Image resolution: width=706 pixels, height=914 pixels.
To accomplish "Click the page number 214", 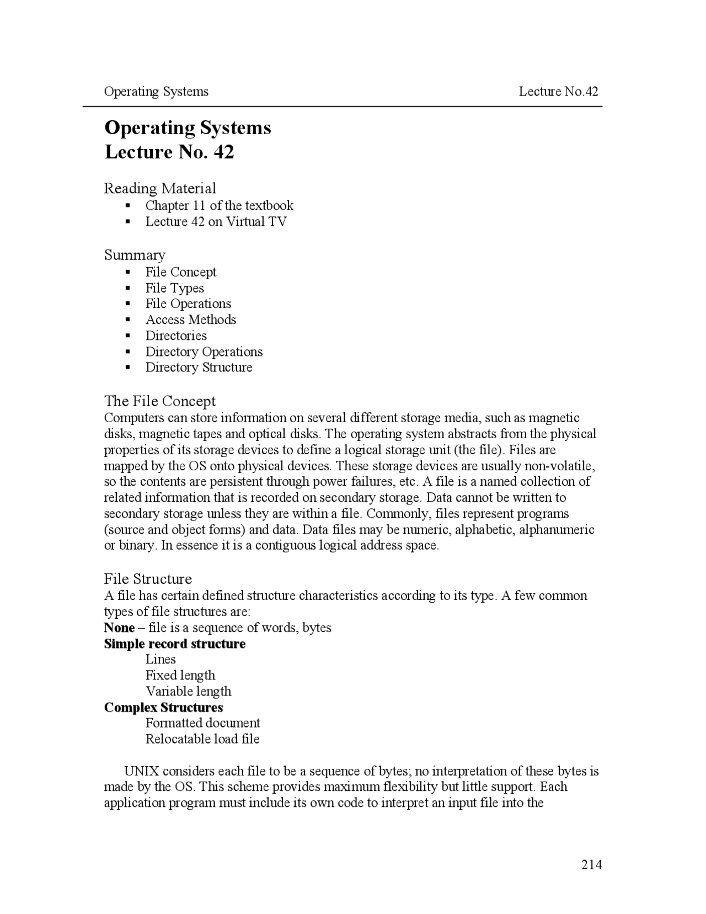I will point(591,864).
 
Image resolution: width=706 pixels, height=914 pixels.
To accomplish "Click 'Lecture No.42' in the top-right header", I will point(558,92).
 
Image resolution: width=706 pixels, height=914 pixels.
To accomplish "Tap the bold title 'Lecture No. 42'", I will point(169,152).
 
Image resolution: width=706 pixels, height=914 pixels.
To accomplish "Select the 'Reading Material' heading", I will point(160,189).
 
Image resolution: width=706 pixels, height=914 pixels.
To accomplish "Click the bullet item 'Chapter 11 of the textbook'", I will point(219,206).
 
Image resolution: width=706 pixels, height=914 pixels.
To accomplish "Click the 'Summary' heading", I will point(135,255).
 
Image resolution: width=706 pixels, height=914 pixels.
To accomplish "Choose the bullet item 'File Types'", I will point(174,288).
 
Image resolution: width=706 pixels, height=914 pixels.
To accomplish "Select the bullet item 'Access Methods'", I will point(190,320).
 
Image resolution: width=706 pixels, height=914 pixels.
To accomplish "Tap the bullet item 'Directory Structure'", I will point(199,368).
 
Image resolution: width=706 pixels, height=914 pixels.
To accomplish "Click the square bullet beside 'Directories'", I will point(128,336).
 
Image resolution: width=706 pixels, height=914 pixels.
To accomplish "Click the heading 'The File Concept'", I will point(160,401).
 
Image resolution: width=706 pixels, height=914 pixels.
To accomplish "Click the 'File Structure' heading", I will point(148,579).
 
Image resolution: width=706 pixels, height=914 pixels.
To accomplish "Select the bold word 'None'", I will point(119,628).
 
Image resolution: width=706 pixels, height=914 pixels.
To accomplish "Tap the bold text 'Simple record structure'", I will point(174,644).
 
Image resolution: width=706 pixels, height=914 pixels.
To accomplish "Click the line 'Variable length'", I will point(188,692).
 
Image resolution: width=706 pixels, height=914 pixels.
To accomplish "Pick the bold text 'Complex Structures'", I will point(163,708).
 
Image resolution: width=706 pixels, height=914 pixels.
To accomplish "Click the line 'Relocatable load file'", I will point(202,740).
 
